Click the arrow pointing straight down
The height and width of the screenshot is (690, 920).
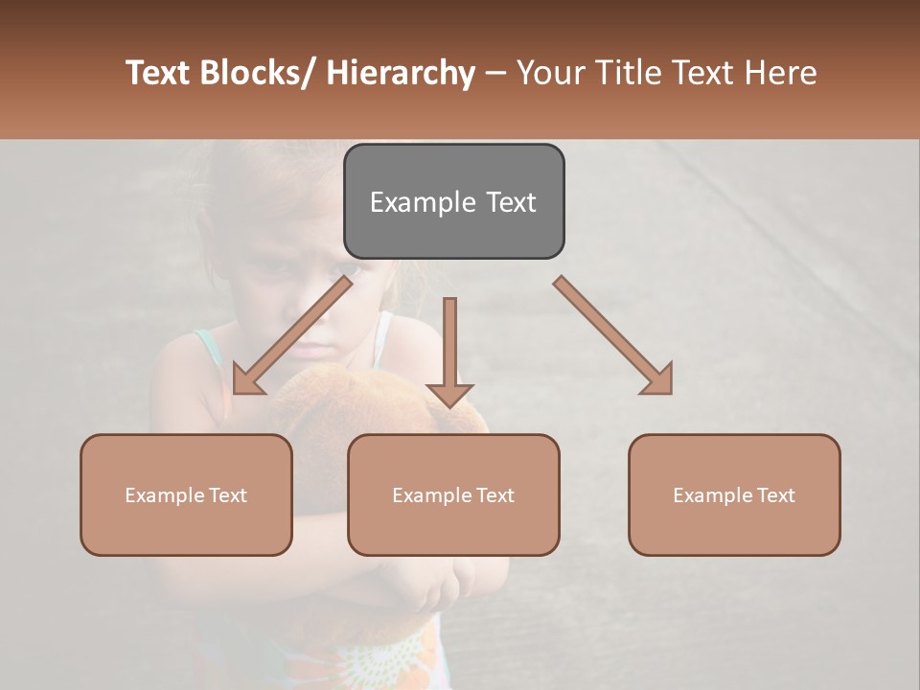pyautogui.click(x=449, y=351)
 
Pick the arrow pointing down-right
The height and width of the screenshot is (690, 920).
pyautogui.click(x=613, y=335)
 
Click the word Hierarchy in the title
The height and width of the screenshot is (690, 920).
pyautogui.click(x=401, y=73)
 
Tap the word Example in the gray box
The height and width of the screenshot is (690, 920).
pyautogui.click(x=423, y=202)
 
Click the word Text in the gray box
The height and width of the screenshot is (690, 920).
pyautogui.click(x=511, y=202)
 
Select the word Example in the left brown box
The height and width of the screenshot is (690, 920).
pyautogui.click(x=164, y=495)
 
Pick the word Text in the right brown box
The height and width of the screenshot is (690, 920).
pyautogui.click(x=774, y=495)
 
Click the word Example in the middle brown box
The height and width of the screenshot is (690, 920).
pyautogui.click(x=431, y=495)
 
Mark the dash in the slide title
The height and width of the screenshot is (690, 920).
pyautogui.click(x=495, y=74)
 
